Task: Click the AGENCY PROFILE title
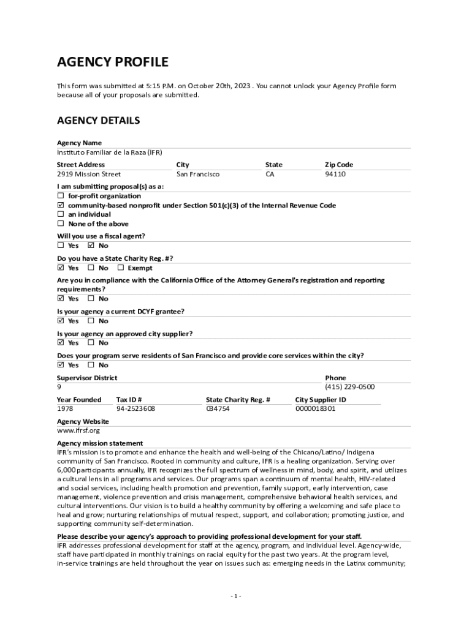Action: (x=112, y=62)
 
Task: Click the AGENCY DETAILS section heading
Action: (x=98, y=121)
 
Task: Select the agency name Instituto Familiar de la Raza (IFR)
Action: (x=109, y=152)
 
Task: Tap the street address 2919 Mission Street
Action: (x=89, y=175)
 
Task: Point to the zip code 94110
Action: (x=335, y=175)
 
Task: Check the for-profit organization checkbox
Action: (x=61, y=196)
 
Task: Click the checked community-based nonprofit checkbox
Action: (x=61, y=205)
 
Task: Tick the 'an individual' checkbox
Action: (x=61, y=214)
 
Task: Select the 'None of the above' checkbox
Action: (x=61, y=224)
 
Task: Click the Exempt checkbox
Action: (x=121, y=268)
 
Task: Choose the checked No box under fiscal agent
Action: (x=91, y=246)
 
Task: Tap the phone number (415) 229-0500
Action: (x=349, y=387)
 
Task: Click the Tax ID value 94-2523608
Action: (x=135, y=408)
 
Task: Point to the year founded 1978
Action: (x=65, y=408)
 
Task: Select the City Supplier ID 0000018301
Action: (x=315, y=408)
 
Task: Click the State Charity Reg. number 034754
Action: (x=218, y=408)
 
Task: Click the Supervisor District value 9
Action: (x=59, y=387)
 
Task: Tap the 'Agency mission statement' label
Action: (x=100, y=443)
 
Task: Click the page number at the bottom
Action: (x=236, y=596)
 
